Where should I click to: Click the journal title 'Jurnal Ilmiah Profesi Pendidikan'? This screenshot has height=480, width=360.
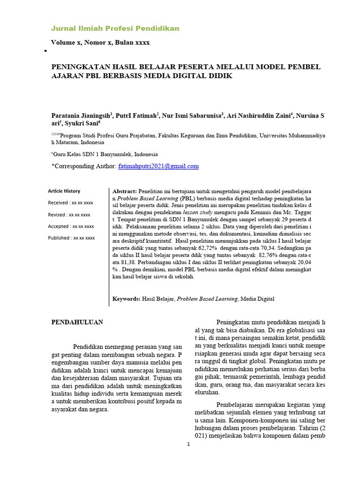coord(115,29)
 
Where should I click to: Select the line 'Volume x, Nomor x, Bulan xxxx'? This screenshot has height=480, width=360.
coord(100,43)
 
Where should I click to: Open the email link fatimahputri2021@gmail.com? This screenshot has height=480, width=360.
coord(158,166)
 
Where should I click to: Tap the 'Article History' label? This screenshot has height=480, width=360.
coord(64,191)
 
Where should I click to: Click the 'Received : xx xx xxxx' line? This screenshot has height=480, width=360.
coord(70,203)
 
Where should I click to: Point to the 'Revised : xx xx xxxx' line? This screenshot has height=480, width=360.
coord(69,215)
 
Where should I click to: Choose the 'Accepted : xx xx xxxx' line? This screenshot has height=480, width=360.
coord(71,226)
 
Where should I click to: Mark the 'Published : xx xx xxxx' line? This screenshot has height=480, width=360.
coord(71,238)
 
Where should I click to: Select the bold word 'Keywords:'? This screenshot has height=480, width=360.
coord(127,299)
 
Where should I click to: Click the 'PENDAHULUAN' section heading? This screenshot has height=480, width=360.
coord(77,322)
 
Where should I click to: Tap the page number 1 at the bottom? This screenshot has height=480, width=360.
coord(188,444)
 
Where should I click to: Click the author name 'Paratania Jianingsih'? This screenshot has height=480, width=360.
coord(80,115)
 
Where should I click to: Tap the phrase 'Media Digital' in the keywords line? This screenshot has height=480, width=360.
coord(257,299)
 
